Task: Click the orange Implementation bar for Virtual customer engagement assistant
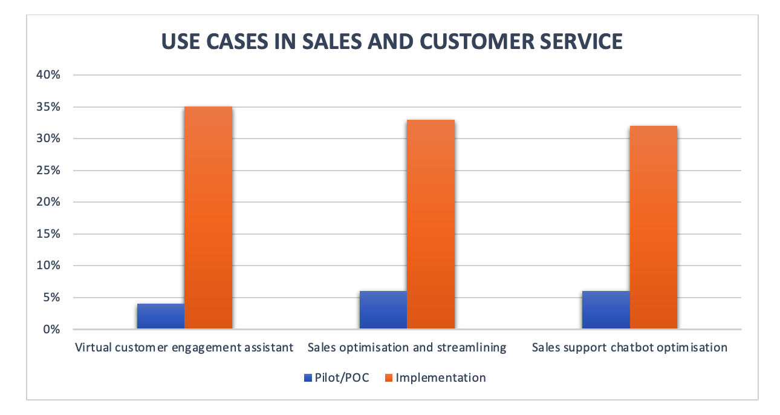(x=208, y=218)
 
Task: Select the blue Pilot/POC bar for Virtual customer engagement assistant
(x=161, y=316)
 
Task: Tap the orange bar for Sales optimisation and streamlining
(x=431, y=224)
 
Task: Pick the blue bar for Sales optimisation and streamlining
(x=383, y=310)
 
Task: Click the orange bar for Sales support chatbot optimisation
(x=653, y=227)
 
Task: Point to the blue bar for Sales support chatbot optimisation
(x=606, y=310)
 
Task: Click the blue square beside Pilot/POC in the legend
(x=307, y=378)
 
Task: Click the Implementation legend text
(x=440, y=378)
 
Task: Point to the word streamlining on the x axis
(x=472, y=348)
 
